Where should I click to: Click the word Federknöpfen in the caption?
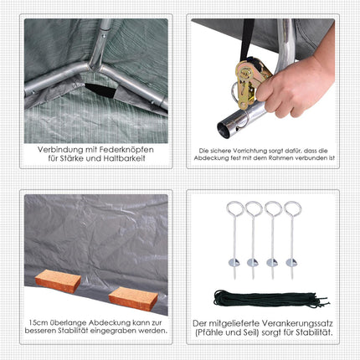pyautogui.click(x=126, y=150)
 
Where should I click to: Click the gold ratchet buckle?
pyautogui.click(x=250, y=81)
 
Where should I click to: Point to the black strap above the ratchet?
pyautogui.click(x=246, y=39)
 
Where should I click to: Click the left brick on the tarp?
pyautogui.click(x=58, y=280)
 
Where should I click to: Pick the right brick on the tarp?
pyautogui.click(x=133, y=298)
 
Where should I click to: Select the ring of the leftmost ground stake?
pyautogui.click(x=235, y=208)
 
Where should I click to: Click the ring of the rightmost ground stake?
pyautogui.click(x=293, y=208)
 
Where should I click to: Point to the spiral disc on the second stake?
pyautogui.click(x=253, y=262)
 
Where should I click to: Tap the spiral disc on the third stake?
pyautogui.click(x=272, y=262)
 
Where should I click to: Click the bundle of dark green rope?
pyautogui.click(x=270, y=298)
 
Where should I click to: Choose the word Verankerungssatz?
pyautogui.click(x=297, y=323)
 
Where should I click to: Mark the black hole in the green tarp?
pyautogui.click(x=100, y=90)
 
